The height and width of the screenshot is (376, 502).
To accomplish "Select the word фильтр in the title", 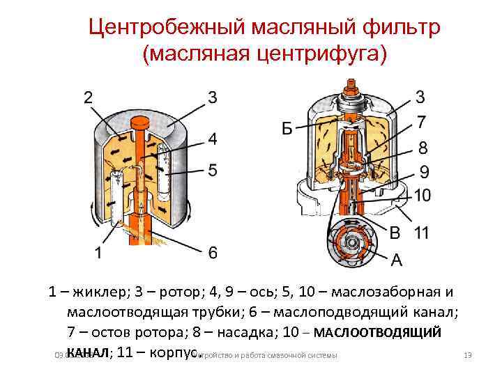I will pyautogui.click(x=404, y=29).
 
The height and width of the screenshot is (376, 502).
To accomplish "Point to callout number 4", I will pyautogui.click(x=212, y=139).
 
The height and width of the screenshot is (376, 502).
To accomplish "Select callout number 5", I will pyautogui.click(x=212, y=169).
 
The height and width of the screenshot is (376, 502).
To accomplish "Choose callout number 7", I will pyautogui.click(x=421, y=123).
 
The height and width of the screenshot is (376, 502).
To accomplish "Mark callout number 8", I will pyautogui.click(x=421, y=148).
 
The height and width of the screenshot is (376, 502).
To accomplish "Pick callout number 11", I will pyautogui.click(x=420, y=233).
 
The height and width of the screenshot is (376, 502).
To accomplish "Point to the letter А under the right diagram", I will pyautogui.click(x=396, y=260).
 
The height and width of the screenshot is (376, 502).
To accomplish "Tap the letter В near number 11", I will pyautogui.click(x=395, y=233).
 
